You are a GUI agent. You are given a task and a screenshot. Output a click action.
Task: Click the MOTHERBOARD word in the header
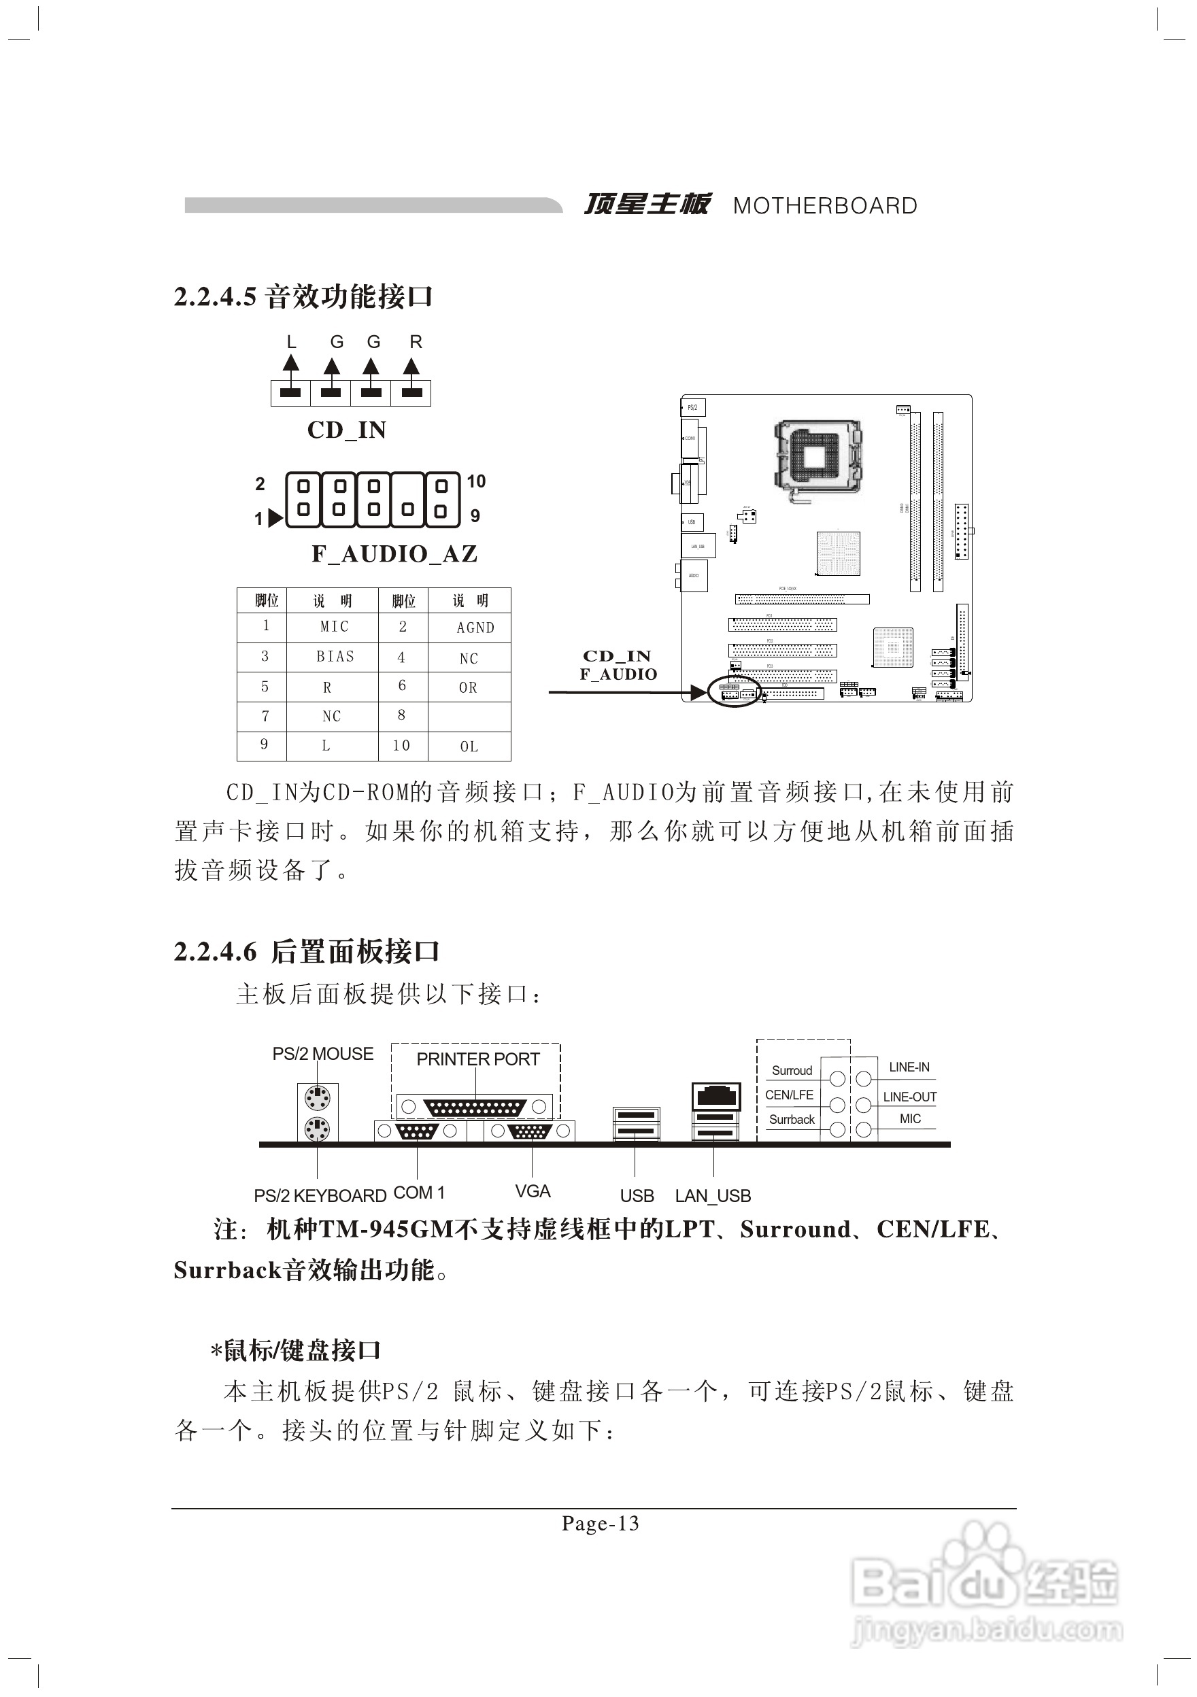(x=824, y=206)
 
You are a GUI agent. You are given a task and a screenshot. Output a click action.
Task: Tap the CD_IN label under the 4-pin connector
(x=347, y=430)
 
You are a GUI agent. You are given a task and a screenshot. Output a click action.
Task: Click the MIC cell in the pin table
(x=334, y=627)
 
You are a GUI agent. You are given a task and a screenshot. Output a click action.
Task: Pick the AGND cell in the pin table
(x=475, y=628)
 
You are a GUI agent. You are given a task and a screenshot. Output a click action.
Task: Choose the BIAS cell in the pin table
(x=335, y=656)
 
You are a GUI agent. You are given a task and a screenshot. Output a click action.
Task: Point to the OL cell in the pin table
(x=469, y=747)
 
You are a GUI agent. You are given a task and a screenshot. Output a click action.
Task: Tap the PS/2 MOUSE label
(x=323, y=1054)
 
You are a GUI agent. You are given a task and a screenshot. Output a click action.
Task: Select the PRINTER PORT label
(x=477, y=1059)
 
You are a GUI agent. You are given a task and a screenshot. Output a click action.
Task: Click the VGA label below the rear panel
(x=533, y=1191)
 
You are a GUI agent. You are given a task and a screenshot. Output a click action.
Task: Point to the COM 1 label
(x=419, y=1193)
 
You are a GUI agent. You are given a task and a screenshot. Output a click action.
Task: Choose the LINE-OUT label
(x=909, y=1097)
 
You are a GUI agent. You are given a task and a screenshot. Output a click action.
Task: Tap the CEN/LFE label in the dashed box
(x=789, y=1095)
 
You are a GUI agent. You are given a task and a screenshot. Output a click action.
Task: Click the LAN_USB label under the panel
(x=713, y=1196)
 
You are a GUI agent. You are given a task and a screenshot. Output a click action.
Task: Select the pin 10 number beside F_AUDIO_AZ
(x=475, y=482)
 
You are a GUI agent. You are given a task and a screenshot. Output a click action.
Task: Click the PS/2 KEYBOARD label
(x=320, y=1196)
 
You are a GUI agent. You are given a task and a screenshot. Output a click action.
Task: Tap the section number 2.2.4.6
(x=215, y=952)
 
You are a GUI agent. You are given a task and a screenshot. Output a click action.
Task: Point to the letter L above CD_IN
(x=291, y=342)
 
